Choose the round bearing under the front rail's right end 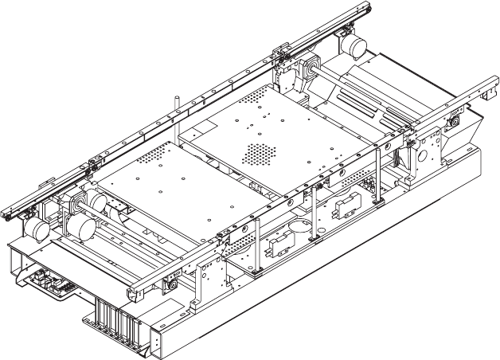(x=453, y=121)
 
